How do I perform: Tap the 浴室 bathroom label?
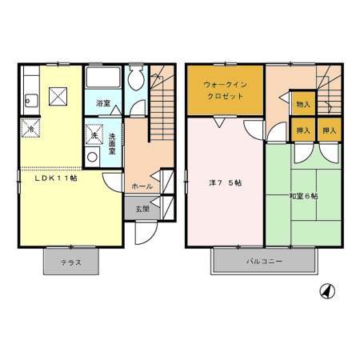(x=102, y=103)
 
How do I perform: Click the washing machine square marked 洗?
(x=94, y=135)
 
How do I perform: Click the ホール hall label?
(x=142, y=186)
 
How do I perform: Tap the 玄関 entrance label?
(x=142, y=209)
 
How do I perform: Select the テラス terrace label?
(x=70, y=262)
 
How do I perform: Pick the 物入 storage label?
(x=303, y=104)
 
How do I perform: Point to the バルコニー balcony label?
(x=265, y=262)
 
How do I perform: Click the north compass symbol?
(x=326, y=291)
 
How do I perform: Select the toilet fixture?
(x=137, y=78)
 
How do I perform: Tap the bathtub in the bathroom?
(x=102, y=79)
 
